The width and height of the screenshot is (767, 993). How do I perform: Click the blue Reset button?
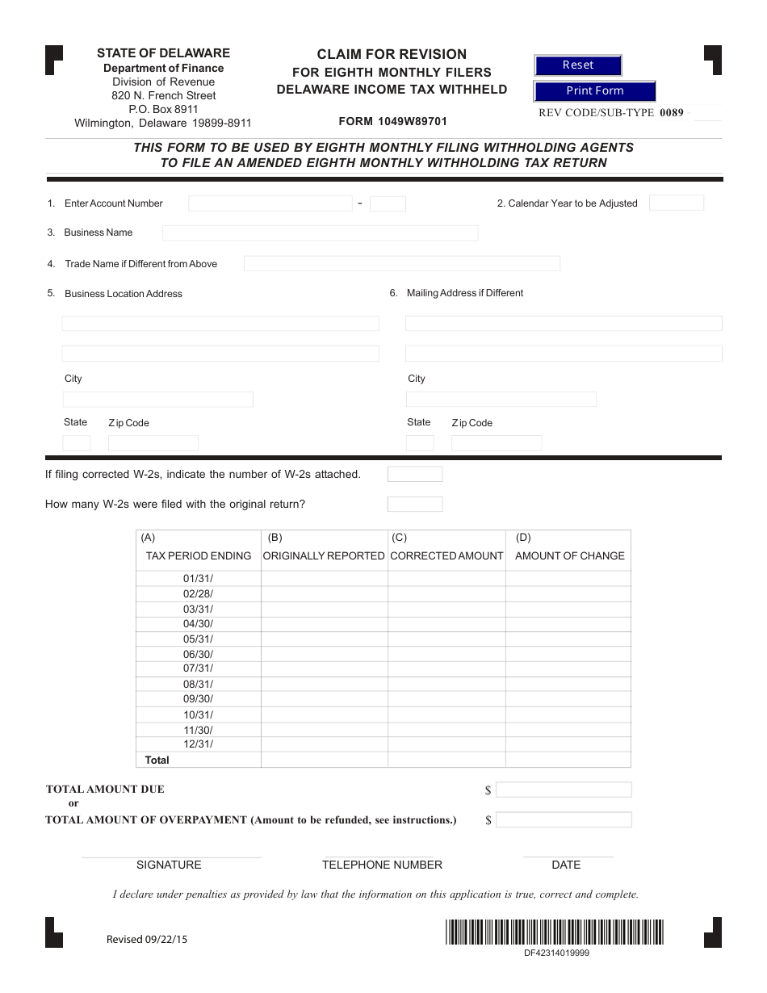[x=577, y=65]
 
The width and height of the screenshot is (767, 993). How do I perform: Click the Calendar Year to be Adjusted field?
[x=676, y=203]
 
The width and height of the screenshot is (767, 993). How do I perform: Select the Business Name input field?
[x=320, y=233]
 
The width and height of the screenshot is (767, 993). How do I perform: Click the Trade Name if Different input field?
[x=401, y=264]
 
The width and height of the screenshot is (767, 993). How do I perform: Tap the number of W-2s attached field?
[x=415, y=474]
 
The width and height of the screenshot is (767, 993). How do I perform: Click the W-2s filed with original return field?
[x=415, y=505]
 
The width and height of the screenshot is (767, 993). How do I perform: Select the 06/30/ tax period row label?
[x=198, y=654]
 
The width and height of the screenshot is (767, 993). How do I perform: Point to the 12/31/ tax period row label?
[x=198, y=744]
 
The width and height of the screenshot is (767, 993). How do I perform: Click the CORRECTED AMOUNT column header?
[x=446, y=555]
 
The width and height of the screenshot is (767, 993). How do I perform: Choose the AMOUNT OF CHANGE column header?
[x=569, y=555]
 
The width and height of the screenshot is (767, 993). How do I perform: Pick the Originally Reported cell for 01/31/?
[x=324, y=579]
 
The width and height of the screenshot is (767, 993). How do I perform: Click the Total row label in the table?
[x=157, y=760]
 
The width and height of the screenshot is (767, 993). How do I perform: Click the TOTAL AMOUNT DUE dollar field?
[x=564, y=790]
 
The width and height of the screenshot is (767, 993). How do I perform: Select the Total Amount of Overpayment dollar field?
[x=564, y=820]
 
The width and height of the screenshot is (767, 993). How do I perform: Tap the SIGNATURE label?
[x=169, y=865]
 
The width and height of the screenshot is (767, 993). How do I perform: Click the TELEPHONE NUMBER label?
[x=382, y=865]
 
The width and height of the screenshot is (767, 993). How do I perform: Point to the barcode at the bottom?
[x=554, y=932]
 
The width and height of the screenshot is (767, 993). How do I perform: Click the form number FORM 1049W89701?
[x=392, y=122]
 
